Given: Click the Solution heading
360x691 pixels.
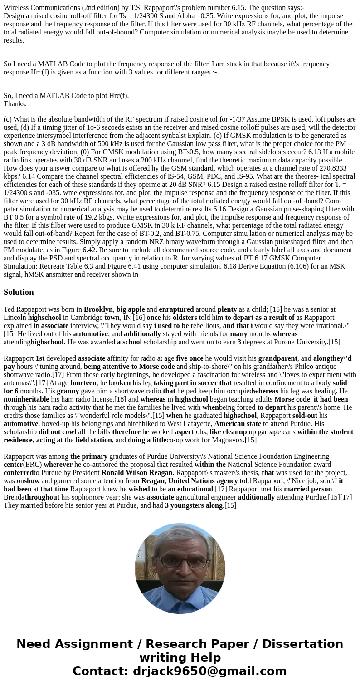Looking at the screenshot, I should pos(19,292).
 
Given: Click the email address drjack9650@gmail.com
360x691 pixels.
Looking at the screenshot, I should pos(209,671).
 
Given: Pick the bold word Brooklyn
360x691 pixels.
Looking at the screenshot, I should pos(98,309).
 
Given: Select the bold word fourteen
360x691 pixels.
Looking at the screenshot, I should pos(83,383).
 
